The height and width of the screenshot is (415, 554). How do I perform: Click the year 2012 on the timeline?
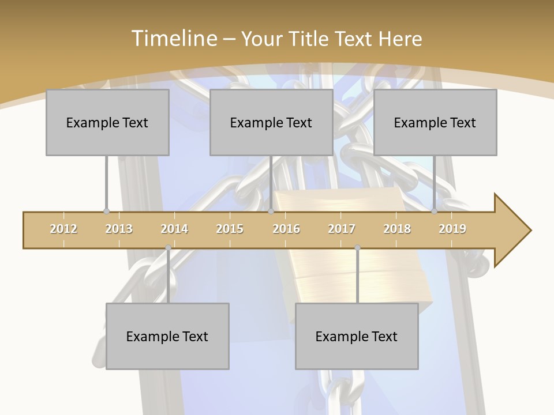coord(63,229)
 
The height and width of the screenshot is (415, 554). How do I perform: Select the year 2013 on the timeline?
coord(119,229)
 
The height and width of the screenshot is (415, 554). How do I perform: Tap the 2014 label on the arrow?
coord(174,229)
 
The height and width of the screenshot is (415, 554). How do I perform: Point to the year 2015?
coord(230,229)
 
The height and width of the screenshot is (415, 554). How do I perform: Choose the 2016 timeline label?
coord(286,229)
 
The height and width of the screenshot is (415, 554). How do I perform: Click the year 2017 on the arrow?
coord(342,229)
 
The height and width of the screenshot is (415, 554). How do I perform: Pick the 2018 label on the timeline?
coord(397,229)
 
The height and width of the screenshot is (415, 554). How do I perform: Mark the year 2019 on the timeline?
coord(452,229)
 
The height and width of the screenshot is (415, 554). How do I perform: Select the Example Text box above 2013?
coord(107,122)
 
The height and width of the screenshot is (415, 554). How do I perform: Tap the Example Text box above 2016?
coord(271,122)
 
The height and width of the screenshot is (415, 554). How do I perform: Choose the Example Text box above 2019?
coord(435,122)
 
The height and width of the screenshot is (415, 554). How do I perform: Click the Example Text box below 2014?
coord(167,336)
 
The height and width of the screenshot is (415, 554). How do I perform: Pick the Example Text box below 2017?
coord(357,336)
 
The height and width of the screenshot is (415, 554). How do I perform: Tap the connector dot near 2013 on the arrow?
coord(106,212)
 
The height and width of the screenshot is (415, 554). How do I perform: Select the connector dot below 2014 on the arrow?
coord(168,248)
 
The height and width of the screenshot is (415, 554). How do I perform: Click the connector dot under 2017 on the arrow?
coord(357,248)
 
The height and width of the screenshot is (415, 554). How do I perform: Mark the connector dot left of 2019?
coord(435,212)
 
